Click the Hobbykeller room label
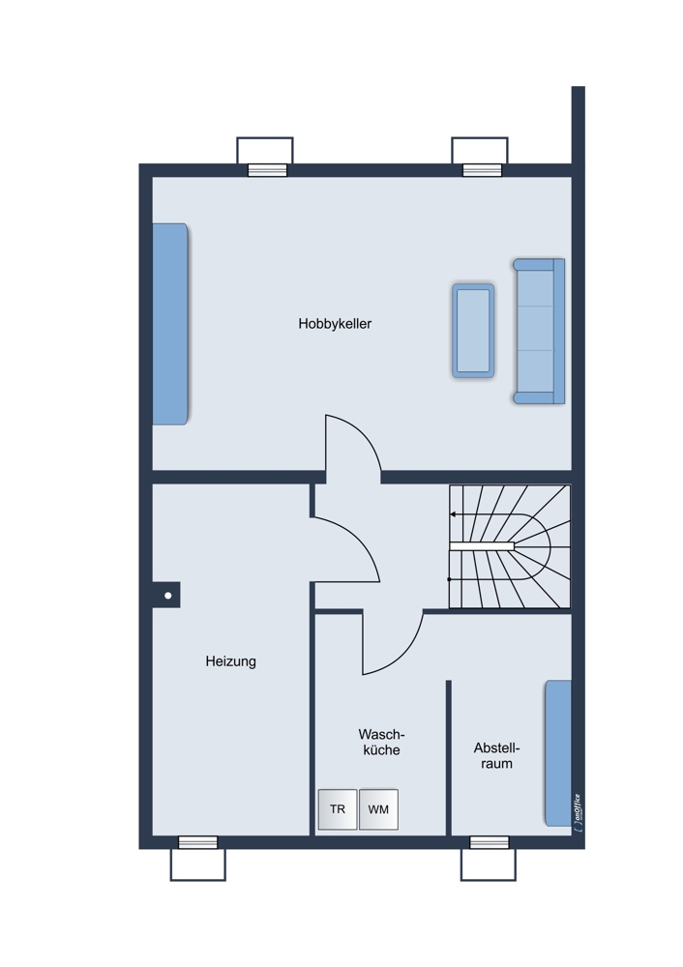335,324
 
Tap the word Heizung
231,661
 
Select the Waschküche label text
381,742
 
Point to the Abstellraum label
496,755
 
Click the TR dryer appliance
338,809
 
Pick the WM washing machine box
378,809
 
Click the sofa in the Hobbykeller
539,331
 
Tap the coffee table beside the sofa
473,331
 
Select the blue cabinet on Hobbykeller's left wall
169,324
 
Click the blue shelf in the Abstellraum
558,752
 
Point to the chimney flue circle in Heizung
167,596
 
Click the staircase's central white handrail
482,546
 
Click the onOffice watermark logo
577,809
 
